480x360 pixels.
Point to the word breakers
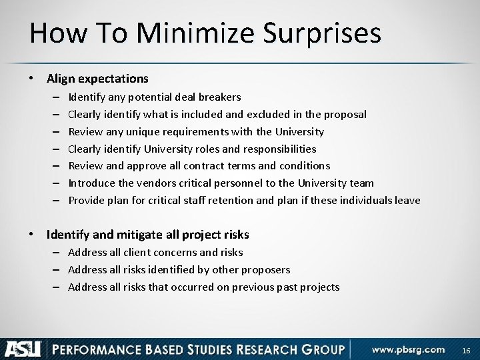tap(221, 97)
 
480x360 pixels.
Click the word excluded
tap(258, 114)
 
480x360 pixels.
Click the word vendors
tap(149, 183)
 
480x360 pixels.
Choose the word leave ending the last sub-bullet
tap(407, 200)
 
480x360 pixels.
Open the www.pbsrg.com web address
tap(409, 348)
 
